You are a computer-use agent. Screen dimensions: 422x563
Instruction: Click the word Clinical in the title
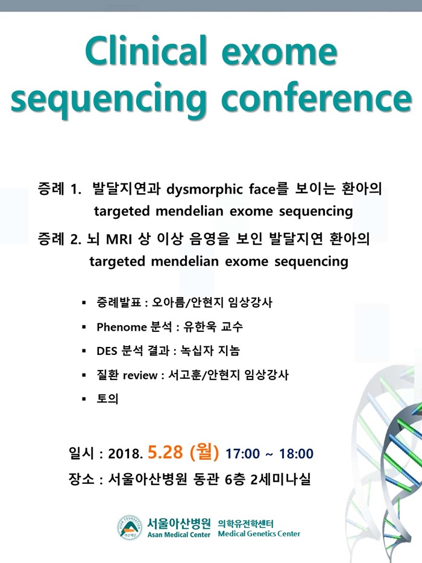(146, 50)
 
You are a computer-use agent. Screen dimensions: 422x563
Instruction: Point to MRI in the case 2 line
(119, 239)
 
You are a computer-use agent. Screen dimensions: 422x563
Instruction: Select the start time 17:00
(242, 454)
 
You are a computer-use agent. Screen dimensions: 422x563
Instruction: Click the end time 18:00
(297, 454)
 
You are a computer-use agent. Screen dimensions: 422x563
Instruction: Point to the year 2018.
(125, 454)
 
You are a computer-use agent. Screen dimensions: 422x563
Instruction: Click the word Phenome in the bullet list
(122, 327)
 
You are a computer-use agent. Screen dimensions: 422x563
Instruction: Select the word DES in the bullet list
(107, 351)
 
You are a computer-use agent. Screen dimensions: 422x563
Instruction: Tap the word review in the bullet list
(140, 375)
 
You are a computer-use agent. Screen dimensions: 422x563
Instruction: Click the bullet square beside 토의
(84, 399)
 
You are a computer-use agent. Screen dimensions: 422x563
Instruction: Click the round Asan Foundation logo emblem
(130, 527)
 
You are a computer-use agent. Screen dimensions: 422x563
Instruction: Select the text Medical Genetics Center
(259, 534)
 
